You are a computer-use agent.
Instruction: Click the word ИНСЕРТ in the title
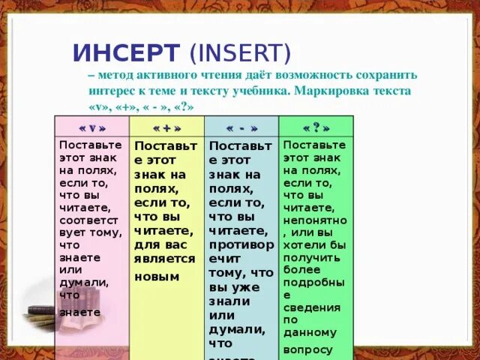pos(126,53)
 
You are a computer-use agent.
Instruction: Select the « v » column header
pos(91,127)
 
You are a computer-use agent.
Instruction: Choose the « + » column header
pos(166,127)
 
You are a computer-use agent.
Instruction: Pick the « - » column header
pos(241,127)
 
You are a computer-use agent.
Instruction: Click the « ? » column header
pos(315,127)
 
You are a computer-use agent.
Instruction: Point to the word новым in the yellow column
pos(157,276)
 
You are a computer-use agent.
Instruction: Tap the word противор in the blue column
pos(240,244)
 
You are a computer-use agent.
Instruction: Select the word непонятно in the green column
pos(315,220)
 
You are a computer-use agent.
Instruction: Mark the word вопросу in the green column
pos(307,349)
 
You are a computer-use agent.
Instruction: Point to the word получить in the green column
pos(311,256)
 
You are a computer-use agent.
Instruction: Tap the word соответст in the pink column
pos(89,220)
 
